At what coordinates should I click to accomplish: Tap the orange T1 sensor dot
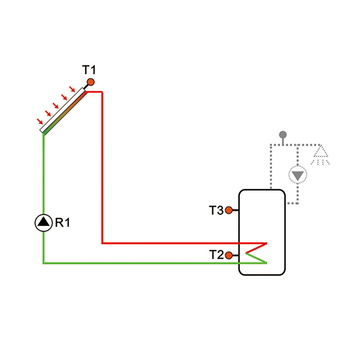90,82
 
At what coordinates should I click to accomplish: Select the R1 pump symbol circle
44,222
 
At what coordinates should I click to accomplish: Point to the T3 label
216,210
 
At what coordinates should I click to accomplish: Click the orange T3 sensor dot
229,210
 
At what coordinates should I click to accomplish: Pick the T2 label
216,255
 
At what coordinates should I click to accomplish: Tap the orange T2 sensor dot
229,255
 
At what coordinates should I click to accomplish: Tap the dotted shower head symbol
320,155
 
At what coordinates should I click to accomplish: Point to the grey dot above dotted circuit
283,134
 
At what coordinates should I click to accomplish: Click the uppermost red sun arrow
72,89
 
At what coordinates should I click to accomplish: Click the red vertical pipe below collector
102,168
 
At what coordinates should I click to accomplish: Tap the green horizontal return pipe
144,263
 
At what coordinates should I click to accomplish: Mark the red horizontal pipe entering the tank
182,243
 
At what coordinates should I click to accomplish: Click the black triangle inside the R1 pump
44,222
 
